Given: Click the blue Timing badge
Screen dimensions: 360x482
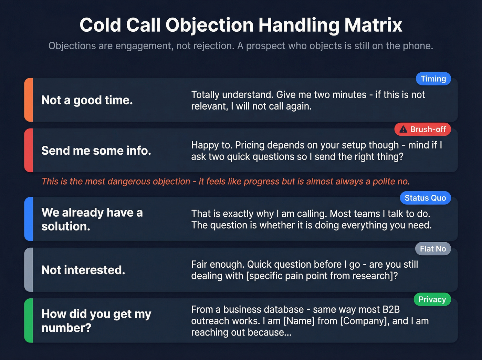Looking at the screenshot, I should pyautogui.click(x=433, y=79).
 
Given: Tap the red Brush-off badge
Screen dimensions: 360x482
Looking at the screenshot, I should pyautogui.click(x=422, y=130).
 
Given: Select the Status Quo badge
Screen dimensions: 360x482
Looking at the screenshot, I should pyautogui.click(x=425, y=198).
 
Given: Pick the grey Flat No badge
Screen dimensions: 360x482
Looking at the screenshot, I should pyautogui.click(x=433, y=249).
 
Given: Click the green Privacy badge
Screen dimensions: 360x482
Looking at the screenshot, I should pyautogui.click(x=432, y=300).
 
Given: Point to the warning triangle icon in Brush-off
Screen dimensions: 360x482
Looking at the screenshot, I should pyautogui.click(x=403, y=130).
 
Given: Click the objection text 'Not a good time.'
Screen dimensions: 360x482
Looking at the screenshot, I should pyautogui.click(x=87, y=100).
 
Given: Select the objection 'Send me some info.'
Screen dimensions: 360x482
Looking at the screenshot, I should pyautogui.click(x=96, y=151).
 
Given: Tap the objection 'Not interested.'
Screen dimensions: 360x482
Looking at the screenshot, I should pyautogui.click(x=83, y=270).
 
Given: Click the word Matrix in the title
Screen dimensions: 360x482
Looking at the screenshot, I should pyautogui.click(x=373, y=25).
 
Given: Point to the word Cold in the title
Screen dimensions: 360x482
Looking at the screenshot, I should pyautogui.click(x=100, y=25).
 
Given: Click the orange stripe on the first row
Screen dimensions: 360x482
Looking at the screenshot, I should pyautogui.click(x=29, y=100).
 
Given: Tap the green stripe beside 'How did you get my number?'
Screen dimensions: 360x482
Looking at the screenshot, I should pyautogui.click(x=29, y=320).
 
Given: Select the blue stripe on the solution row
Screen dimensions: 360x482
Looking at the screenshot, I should pyautogui.click(x=29, y=219).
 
